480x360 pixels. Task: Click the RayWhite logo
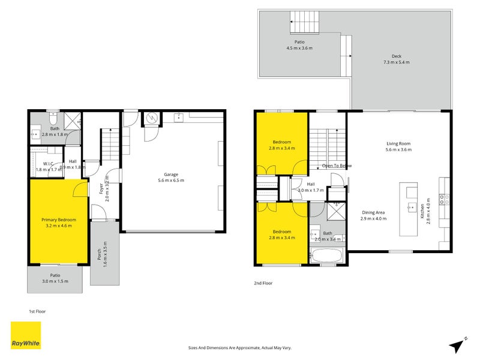[26, 335]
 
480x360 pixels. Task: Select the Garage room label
[170, 177]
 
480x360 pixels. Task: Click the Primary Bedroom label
[58, 223]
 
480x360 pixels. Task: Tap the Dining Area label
[373, 215]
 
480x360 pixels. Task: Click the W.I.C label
[49, 167]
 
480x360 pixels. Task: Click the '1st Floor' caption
[37, 311]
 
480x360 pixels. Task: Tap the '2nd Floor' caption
[263, 283]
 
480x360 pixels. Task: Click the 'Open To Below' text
[337, 166]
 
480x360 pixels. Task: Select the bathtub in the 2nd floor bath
[327, 256]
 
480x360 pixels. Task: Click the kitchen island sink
[412, 208]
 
